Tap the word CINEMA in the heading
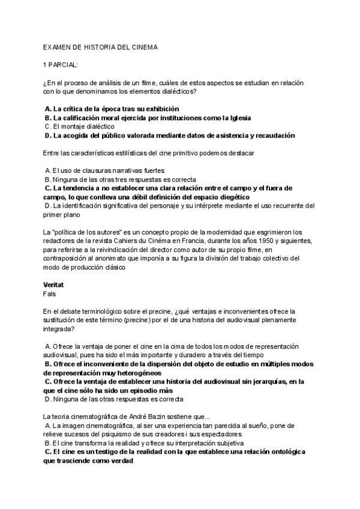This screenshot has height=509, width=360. pos(142,46)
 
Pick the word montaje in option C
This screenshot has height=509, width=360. pos(73,127)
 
